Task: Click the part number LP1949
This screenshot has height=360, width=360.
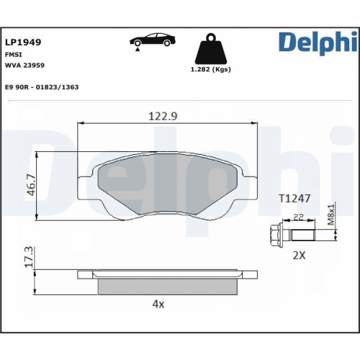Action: click(x=23, y=42)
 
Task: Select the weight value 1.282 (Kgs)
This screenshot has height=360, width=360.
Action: click(x=211, y=71)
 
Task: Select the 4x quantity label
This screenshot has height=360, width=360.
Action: click(x=158, y=304)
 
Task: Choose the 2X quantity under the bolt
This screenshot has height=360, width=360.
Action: click(x=298, y=254)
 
